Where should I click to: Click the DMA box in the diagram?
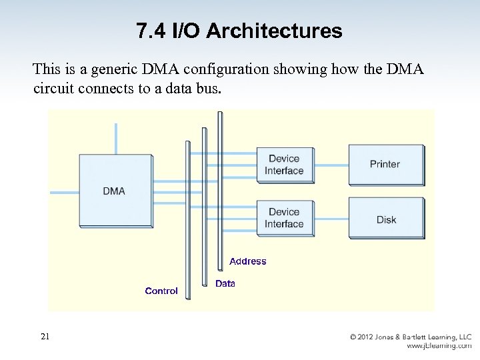(115, 191)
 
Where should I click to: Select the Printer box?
(385, 164)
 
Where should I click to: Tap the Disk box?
(385, 219)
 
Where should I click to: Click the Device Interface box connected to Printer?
(284, 165)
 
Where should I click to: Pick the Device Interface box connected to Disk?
(284, 218)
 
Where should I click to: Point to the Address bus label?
(247, 261)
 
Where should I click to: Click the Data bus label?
(225, 283)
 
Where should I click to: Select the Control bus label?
(161, 291)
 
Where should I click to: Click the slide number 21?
(45, 337)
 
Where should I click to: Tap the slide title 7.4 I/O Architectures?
(239, 31)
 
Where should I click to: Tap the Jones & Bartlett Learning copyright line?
(411, 337)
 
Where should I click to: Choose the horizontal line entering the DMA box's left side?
(65, 192)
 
